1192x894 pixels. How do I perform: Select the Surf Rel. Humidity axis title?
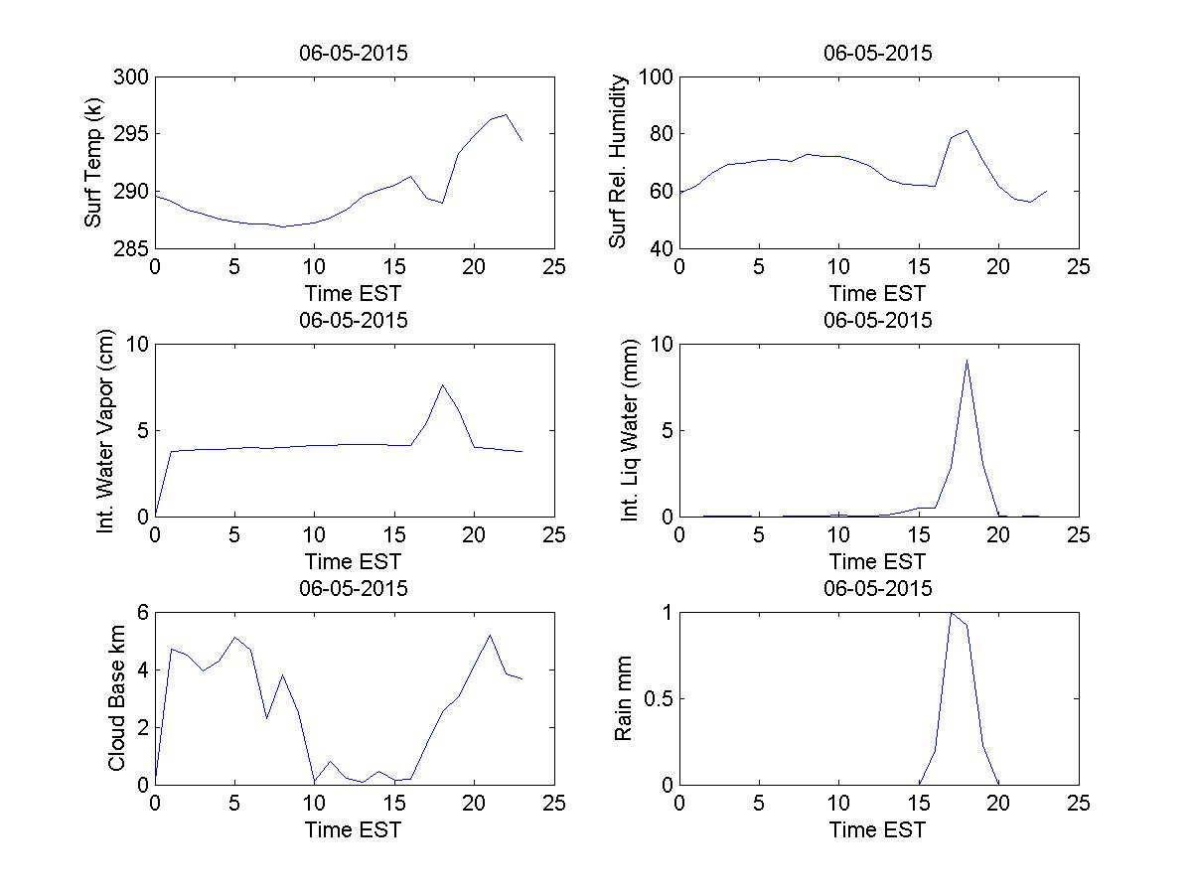[x=619, y=162]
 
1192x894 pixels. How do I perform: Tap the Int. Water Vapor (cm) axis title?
[x=106, y=430]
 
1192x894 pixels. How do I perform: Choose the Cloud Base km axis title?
[x=116, y=698]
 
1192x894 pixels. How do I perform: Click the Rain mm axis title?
[x=624, y=698]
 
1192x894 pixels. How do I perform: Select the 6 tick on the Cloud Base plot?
[x=141, y=613]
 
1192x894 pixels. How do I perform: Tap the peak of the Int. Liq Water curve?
[x=967, y=360]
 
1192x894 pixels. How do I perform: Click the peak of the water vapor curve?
[x=442, y=384]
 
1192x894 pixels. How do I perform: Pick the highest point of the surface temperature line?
[x=506, y=114]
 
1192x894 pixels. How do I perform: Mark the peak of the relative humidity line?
[x=967, y=130]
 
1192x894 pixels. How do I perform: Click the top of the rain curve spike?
[x=951, y=613]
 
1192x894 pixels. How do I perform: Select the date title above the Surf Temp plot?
[x=354, y=54]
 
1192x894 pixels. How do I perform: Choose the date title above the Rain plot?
[x=878, y=588]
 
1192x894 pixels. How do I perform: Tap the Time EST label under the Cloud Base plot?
[x=354, y=829]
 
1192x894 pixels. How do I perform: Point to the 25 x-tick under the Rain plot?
[x=1078, y=805]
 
